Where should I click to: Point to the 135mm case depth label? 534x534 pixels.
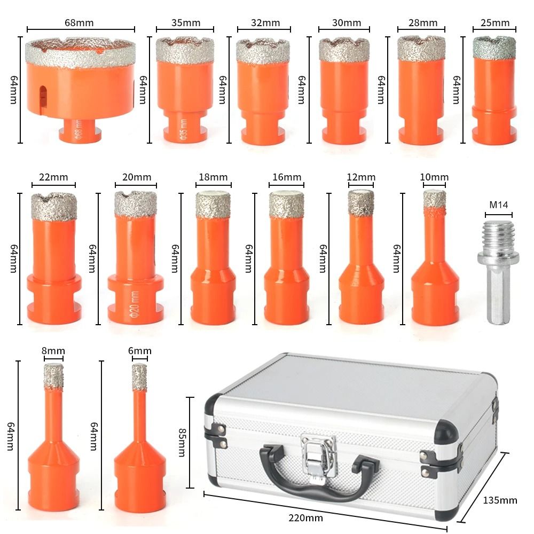coord(500,500)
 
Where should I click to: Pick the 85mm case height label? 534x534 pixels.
coord(181,443)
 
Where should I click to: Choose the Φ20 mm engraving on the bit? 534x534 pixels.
coord(132,302)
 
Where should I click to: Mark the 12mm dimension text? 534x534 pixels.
coord(360,177)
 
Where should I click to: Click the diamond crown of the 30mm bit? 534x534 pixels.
coord(344,49)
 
